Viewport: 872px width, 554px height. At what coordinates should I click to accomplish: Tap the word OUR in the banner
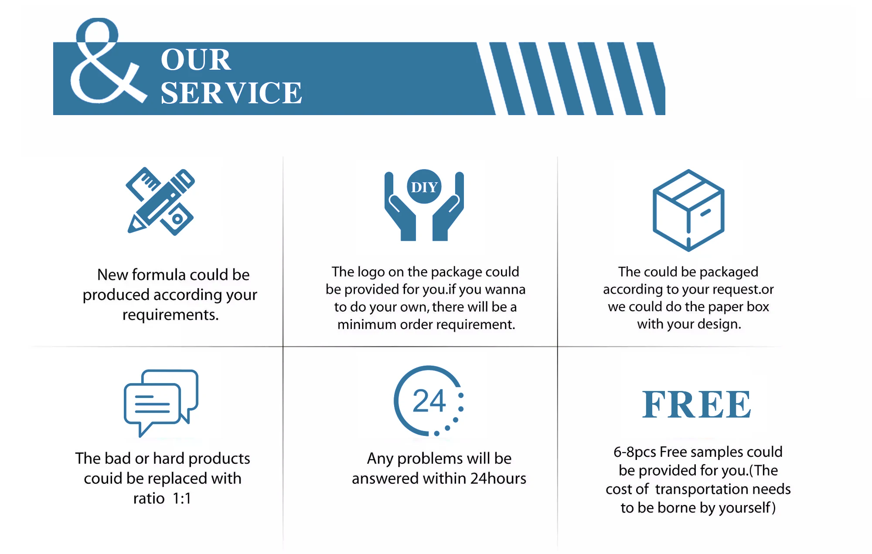[x=196, y=60]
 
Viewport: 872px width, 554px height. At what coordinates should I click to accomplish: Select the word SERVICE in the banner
[x=231, y=93]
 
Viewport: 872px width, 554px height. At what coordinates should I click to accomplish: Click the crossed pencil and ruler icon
[x=160, y=201]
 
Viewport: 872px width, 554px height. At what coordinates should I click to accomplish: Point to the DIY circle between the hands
[x=424, y=187]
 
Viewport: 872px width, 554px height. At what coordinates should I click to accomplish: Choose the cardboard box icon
[x=688, y=210]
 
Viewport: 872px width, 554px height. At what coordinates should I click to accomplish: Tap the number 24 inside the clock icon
[x=429, y=401]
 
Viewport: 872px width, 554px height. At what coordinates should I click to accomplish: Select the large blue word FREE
[x=696, y=404]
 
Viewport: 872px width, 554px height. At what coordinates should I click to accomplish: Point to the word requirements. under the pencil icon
[x=170, y=315]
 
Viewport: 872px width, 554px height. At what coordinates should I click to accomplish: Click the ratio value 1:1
[x=182, y=498]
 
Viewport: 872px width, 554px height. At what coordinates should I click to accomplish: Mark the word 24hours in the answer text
[x=498, y=479]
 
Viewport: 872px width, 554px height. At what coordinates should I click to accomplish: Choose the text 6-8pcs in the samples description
[x=634, y=452]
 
